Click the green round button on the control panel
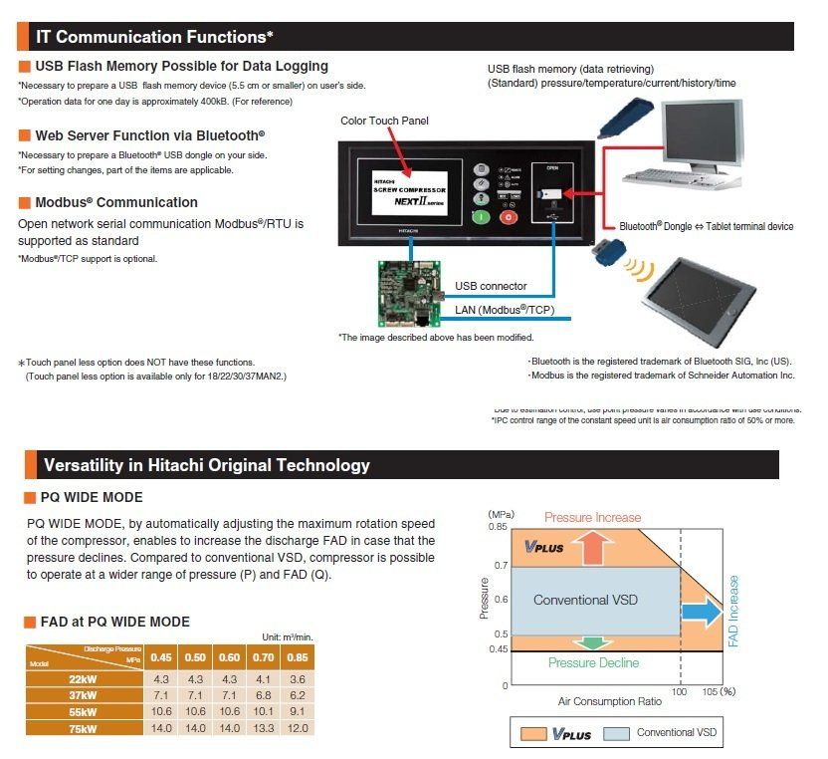click(x=481, y=216)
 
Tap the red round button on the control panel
click(x=508, y=216)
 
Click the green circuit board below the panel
click(x=409, y=293)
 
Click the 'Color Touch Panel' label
click(x=384, y=121)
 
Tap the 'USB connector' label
click(x=491, y=286)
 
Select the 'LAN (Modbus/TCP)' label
click(x=506, y=310)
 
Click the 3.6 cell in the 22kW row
click(x=297, y=678)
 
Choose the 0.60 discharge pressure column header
click(x=230, y=657)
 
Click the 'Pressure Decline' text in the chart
click(x=593, y=662)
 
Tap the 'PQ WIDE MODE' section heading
click(x=91, y=497)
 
